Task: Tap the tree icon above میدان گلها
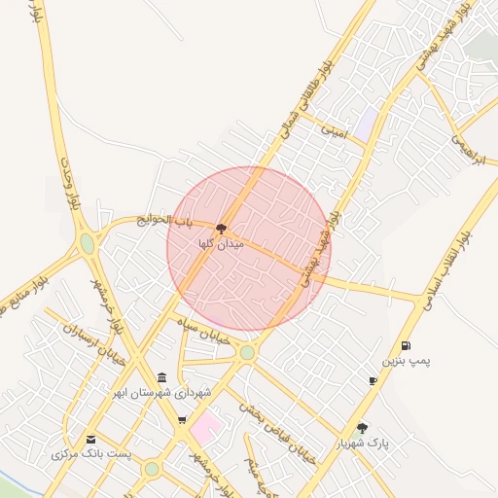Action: [222, 230]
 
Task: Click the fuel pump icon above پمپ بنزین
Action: [406, 346]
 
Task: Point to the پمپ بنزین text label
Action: [406, 361]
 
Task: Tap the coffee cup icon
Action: [373, 381]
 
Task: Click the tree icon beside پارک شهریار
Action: [362, 427]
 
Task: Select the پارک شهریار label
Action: [362, 443]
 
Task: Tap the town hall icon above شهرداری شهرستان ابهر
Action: [161, 377]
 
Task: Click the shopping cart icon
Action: [181, 420]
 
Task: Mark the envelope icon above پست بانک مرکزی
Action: [91, 440]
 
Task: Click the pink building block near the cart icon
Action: [205, 425]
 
